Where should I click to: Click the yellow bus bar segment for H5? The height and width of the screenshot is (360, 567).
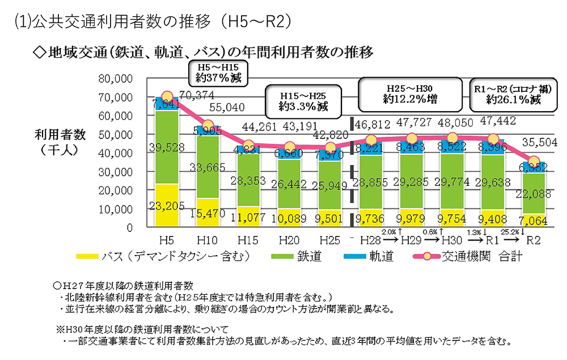(x=167, y=205)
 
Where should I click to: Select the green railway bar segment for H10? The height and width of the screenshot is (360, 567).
(x=207, y=167)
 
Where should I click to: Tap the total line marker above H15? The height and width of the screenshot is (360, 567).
(x=248, y=146)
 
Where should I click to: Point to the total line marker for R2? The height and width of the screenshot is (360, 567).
(x=533, y=160)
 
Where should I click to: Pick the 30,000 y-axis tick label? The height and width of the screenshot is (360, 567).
(x=116, y=172)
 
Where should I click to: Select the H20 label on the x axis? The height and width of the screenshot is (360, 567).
(x=289, y=240)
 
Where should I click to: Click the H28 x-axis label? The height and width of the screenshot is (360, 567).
(x=371, y=240)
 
